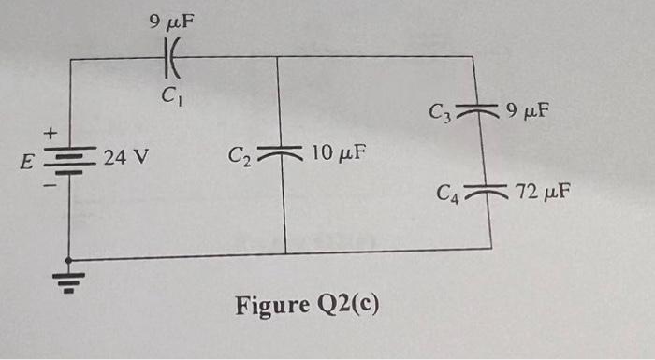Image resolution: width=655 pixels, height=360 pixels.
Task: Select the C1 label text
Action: click(169, 94)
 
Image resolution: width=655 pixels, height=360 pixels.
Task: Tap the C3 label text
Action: click(443, 114)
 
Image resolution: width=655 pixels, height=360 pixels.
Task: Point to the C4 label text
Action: click(449, 195)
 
